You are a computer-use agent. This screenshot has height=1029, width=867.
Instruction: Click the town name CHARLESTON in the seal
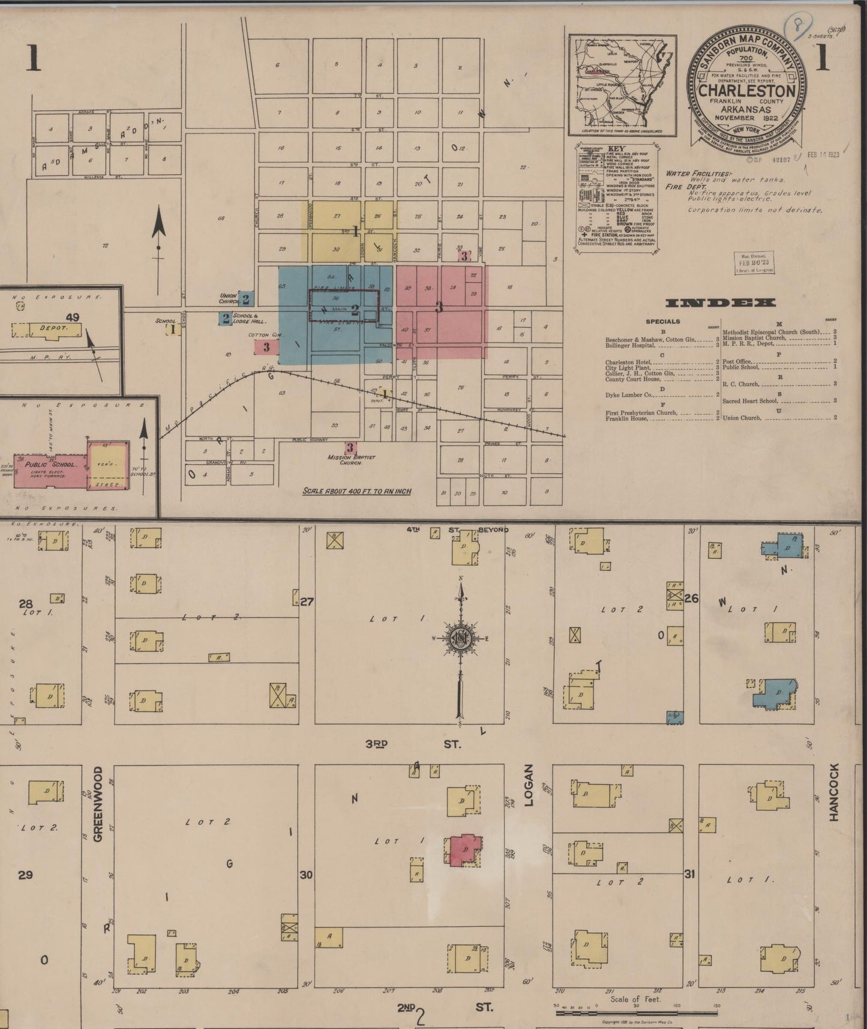pos(747,91)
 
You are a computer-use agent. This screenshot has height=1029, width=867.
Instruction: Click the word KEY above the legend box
pos(616,148)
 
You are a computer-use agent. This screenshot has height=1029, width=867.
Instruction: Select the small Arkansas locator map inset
pos(622,85)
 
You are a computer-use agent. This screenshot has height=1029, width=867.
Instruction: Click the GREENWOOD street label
pos(98,804)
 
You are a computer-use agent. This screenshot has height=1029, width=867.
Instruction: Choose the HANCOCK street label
pos(834,792)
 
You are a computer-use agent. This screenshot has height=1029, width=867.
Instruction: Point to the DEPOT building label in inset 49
pos(52,329)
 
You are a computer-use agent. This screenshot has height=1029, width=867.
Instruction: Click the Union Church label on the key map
pos(229,298)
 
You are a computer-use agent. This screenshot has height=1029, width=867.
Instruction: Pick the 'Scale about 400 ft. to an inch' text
pos(357,491)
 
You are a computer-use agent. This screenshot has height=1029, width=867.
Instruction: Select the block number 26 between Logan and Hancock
pos(691,598)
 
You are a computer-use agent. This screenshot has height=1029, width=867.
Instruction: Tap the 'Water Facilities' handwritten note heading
pos(695,174)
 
